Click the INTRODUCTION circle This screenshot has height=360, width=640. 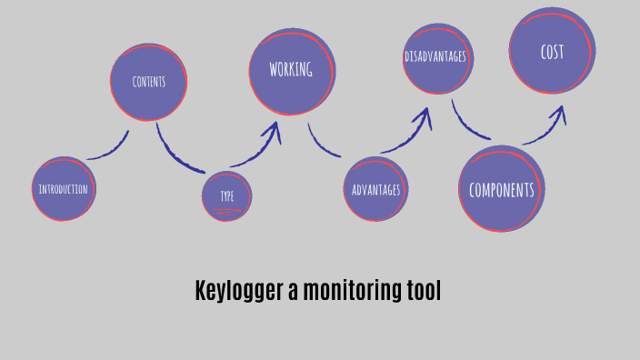click(x=64, y=189)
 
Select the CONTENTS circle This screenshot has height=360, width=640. click(x=148, y=81)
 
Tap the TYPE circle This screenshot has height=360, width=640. click(x=226, y=196)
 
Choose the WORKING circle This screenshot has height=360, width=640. click(x=292, y=71)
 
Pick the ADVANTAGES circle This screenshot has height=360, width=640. click(x=376, y=189)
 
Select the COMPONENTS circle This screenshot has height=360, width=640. click(x=501, y=189)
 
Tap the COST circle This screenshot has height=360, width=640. click(x=552, y=51)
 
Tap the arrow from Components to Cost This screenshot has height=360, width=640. click(x=545, y=127)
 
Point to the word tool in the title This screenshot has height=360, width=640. click(x=424, y=291)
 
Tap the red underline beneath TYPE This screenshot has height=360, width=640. click(x=226, y=211)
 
